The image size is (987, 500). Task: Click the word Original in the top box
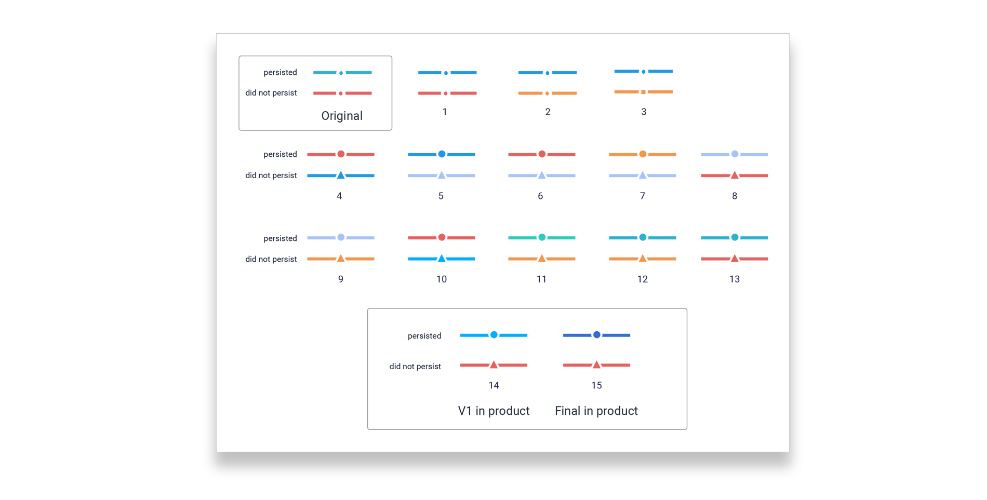click(342, 116)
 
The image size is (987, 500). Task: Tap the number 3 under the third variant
click(644, 112)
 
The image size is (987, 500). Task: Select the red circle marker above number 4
click(341, 154)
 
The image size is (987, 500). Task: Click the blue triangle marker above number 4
click(341, 175)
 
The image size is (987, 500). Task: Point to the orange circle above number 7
click(643, 154)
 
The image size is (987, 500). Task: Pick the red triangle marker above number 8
click(735, 175)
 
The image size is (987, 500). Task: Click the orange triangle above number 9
click(341, 258)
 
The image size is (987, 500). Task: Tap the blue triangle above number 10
click(442, 258)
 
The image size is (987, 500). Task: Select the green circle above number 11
click(542, 237)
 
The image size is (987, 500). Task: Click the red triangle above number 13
click(735, 258)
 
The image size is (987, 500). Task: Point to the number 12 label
click(643, 279)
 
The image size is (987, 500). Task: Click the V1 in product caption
click(493, 411)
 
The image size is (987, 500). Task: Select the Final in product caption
click(596, 411)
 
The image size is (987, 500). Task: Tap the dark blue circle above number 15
click(597, 335)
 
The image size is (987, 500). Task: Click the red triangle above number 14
click(494, 364)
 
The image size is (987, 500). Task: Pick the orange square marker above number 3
click(644, 92)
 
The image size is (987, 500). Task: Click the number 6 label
click(540, 196)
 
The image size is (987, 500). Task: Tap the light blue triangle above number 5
click(442, 175)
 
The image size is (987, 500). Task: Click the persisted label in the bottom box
click(424, 336)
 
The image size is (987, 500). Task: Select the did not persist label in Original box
click(271, 93)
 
